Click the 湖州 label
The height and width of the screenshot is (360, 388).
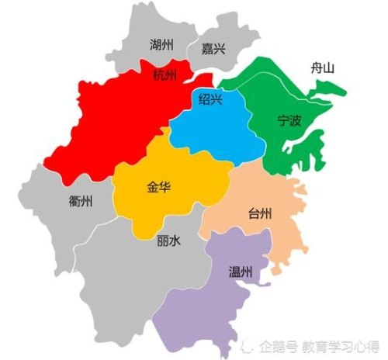point(162,45)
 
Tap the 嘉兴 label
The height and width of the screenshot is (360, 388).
point(213,49)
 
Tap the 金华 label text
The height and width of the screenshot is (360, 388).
point(158,187)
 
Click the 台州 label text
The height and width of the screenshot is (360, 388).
point(259,213)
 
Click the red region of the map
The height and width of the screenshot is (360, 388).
point(116,124)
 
